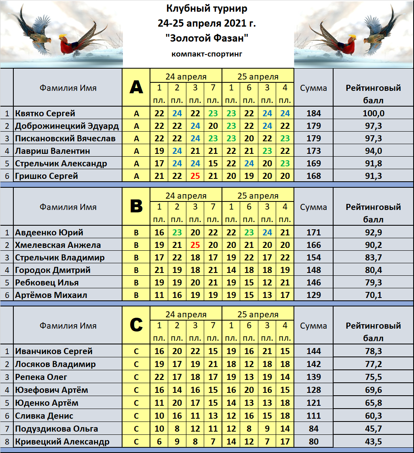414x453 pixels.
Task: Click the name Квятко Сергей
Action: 45,113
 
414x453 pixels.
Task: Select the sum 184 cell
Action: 313,113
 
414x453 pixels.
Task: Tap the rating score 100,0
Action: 374,113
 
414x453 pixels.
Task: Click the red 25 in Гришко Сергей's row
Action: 195,176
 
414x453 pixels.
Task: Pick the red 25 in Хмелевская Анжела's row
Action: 195,245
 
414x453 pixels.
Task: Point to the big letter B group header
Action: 136,207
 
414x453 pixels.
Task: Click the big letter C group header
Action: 136,325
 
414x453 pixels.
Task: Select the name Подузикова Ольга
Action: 56,429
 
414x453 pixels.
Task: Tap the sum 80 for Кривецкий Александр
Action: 313,442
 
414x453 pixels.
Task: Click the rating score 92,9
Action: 374,233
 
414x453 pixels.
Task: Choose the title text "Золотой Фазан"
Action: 207,39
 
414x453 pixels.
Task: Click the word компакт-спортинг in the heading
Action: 207,54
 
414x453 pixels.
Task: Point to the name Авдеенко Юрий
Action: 49,233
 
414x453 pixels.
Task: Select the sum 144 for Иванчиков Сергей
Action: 313,351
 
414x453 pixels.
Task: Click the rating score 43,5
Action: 374,442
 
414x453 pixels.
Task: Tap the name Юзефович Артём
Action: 51,390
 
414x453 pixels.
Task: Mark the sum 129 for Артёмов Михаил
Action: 313,295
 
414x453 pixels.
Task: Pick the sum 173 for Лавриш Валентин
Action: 313,151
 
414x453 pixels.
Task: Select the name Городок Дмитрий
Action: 53,270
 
